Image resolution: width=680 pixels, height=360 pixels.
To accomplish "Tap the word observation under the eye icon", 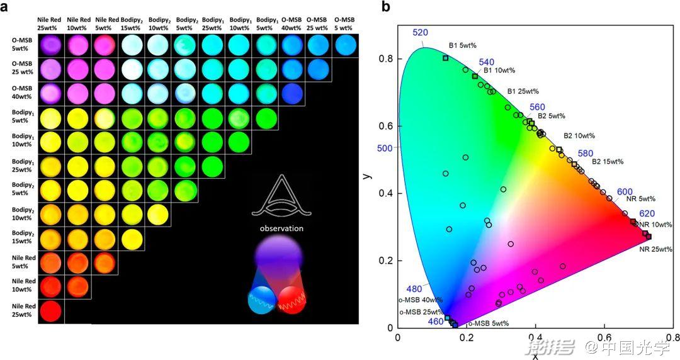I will click(283, 228).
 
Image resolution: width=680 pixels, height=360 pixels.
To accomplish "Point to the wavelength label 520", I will click(421, 33).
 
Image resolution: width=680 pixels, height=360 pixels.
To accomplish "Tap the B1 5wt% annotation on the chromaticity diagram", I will click(462, 45).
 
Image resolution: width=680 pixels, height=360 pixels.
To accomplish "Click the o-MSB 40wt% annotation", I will click(421, 300).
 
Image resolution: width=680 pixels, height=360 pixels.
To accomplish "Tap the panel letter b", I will click(385, 7).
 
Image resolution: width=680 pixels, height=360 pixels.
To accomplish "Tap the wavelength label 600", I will click(625, 192).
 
